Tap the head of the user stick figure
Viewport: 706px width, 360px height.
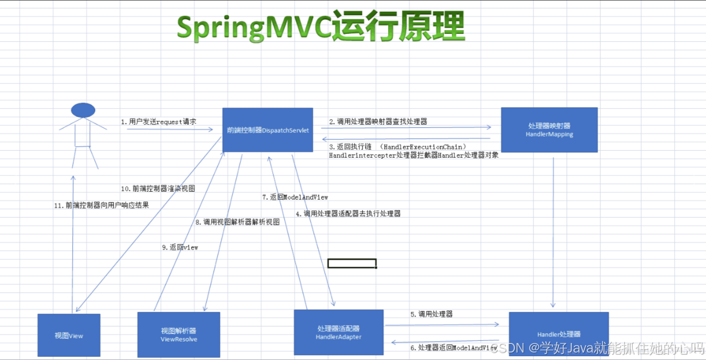coord(83,110)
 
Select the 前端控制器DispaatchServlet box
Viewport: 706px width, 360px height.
coord(268,130)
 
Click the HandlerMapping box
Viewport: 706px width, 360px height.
coord(549,130)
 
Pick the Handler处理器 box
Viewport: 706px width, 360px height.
coord(558,334)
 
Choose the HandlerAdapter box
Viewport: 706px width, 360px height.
coord(339,332)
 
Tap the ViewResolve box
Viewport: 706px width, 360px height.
coord(178,335)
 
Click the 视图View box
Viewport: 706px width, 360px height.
coord(69,335)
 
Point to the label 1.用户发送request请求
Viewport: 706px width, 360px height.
coord(159,122)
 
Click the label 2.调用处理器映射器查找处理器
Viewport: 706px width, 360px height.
coord(378,122)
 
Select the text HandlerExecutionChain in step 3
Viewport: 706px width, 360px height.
coord(424,147)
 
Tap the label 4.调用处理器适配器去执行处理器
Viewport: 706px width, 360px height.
coord(348,213)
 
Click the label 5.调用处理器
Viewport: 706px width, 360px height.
coord(431,314)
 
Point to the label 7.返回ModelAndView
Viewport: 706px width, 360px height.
coord(295,197)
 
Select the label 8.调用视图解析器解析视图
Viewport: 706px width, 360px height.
coord(237,222)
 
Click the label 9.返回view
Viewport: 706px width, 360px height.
coord(180,247)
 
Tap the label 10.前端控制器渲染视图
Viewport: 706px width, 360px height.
coord(158,188)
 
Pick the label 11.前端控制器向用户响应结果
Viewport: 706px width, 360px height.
coord(100,205)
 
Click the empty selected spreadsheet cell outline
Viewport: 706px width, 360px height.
coord(352,263)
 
